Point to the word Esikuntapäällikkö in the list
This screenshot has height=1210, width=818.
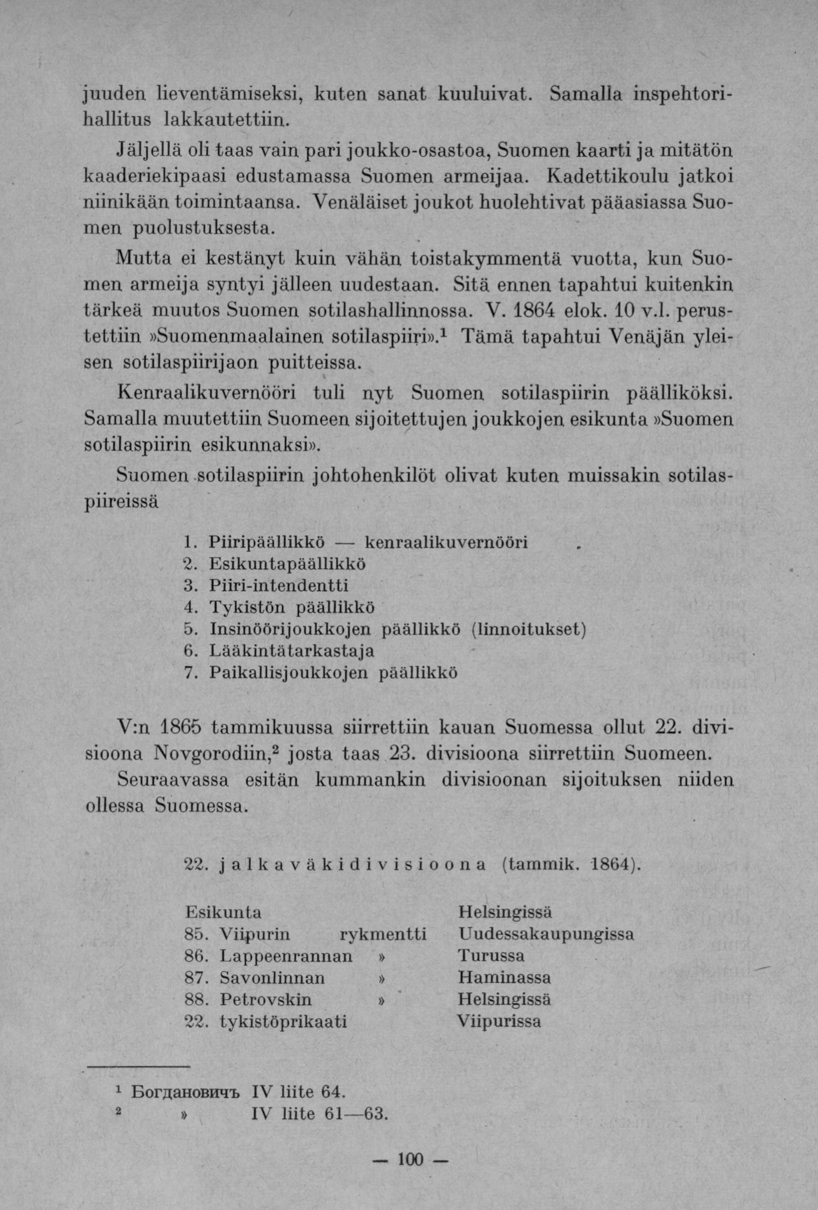[x=288, y=563]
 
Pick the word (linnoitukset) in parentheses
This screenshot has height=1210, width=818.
[x=528, y=629]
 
